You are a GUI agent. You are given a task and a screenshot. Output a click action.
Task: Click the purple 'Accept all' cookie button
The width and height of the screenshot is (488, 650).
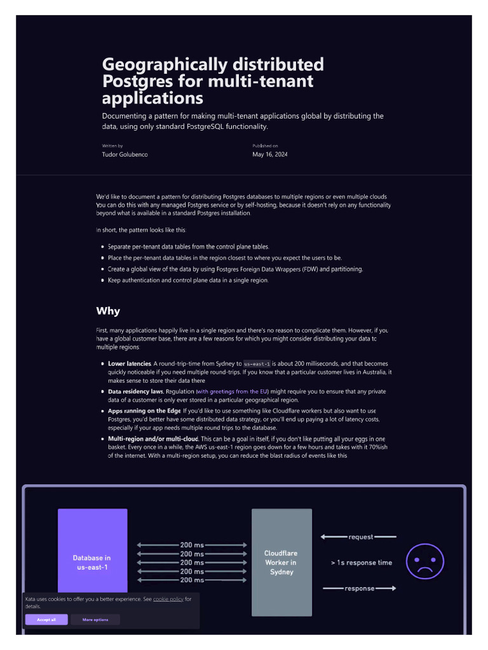[46, 620]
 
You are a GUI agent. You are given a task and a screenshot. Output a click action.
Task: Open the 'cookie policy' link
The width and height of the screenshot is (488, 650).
[168, 599]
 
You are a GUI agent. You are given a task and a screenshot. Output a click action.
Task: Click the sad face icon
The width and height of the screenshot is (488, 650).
[425, 561]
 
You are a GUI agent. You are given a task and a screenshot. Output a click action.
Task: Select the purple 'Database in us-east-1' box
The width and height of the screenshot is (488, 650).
[93, 552]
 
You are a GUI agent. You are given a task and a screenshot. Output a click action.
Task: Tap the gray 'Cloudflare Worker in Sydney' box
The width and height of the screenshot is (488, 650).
[281, 562]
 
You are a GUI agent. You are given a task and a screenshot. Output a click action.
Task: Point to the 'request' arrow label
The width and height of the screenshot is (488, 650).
[361, 537]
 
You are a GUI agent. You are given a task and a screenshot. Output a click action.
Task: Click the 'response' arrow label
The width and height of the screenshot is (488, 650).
[360, 588]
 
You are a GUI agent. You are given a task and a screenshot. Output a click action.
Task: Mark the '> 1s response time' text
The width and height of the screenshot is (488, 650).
[362, 562]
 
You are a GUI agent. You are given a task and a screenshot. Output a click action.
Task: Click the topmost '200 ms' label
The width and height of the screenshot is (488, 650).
[192, 545]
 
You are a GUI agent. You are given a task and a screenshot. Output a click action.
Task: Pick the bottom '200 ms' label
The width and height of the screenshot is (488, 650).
[192, 580]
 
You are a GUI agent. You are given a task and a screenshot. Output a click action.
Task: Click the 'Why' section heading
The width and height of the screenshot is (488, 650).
[108, 311]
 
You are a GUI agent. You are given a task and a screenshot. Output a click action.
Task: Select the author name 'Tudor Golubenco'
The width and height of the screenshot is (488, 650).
[125, 154]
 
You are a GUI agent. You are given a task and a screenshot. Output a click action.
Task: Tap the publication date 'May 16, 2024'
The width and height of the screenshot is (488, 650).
[269, 154]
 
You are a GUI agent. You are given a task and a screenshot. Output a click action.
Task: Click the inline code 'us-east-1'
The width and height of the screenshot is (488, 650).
[257, 364]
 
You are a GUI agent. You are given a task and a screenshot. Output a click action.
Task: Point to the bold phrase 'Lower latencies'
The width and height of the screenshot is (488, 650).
[130, 364]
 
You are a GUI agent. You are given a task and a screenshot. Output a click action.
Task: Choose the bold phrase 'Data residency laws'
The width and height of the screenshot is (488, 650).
[136, 391]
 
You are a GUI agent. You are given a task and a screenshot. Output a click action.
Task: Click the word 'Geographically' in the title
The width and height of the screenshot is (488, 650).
[165, 65]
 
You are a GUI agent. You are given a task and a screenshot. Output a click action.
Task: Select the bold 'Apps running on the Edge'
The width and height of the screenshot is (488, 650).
[144, 411]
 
